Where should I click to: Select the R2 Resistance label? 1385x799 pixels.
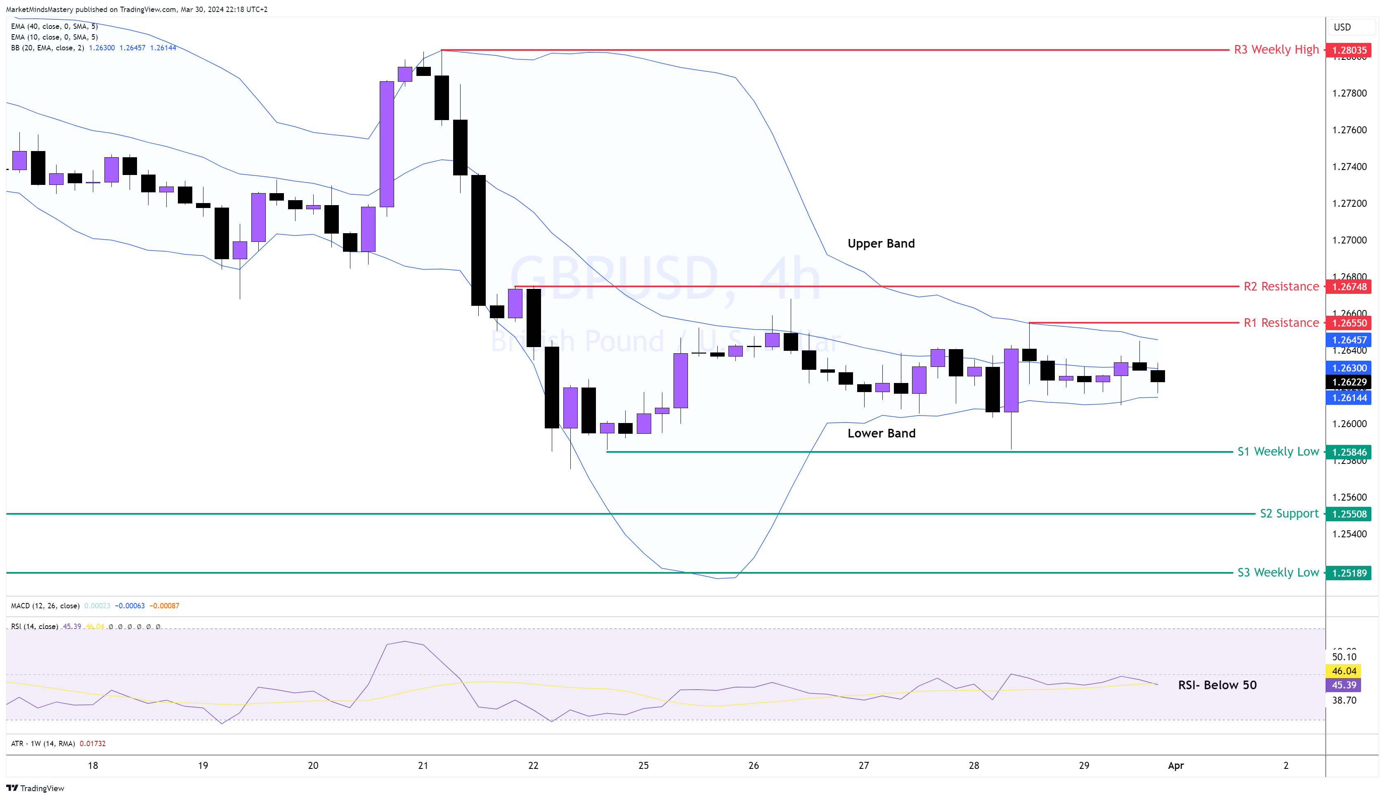(x=1281, y=286)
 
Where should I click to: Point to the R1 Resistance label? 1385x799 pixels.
(x=1281, y=323)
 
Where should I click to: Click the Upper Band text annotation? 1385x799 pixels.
(x=881, y=243)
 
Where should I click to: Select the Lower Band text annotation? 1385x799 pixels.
(x=881, y=433)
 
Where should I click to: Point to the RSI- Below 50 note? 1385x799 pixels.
(x=1217, y=685)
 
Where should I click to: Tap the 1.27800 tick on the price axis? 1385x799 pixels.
(x=1350, y=93)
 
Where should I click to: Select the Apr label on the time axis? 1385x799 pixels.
(x=1175, y=766)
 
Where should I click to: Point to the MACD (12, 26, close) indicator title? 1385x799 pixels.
(x=45, y=606)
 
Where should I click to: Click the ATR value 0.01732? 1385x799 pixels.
(x=93, y=744)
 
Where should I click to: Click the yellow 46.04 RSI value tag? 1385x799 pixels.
(x=1344, y=671)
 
